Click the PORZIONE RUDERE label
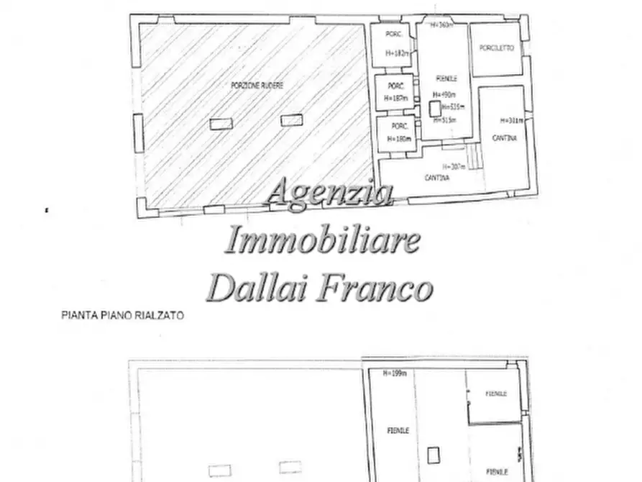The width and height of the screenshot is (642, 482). (x=257, y=85)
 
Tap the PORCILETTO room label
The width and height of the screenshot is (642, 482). (x=496, y=48)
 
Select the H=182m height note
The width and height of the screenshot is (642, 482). (x=396, y=53)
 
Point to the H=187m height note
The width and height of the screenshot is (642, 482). (x=395, y=98)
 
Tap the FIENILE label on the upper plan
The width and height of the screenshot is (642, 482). (x=446, y=78)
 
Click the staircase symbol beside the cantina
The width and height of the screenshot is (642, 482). (x=472, y=153)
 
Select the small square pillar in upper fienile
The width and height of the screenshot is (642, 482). (x=434, y=108)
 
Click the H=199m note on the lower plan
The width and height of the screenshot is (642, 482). (x=394, y=373)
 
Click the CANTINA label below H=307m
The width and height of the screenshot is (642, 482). (x=437, y=178)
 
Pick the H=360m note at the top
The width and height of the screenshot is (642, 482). (x=441, y=25)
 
